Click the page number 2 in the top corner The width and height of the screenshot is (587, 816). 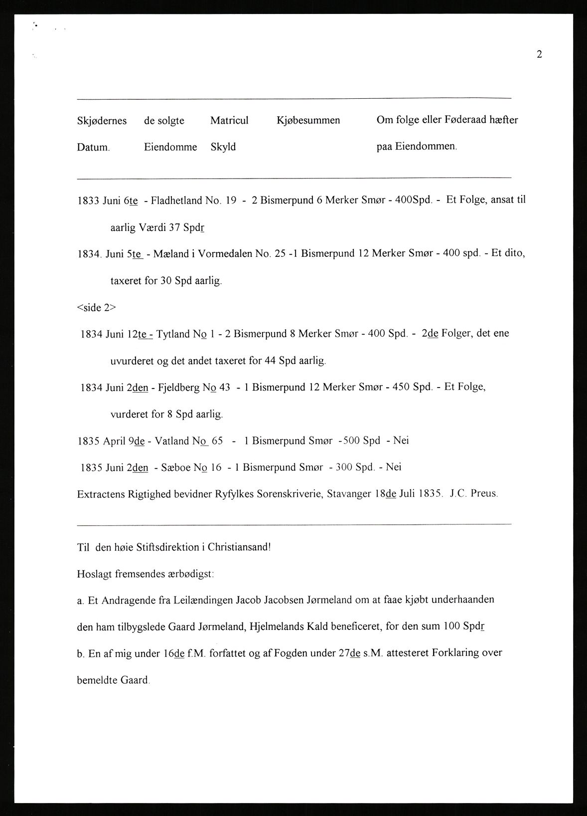tap(539, 54)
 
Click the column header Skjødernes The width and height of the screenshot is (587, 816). tap(102, 121)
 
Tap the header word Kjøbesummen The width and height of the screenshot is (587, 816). tap(308, 120)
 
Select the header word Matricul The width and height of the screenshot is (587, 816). tap(229, 120)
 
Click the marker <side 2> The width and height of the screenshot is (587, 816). tap(96, 307)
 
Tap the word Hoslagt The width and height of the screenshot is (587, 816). tap(95, 574)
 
